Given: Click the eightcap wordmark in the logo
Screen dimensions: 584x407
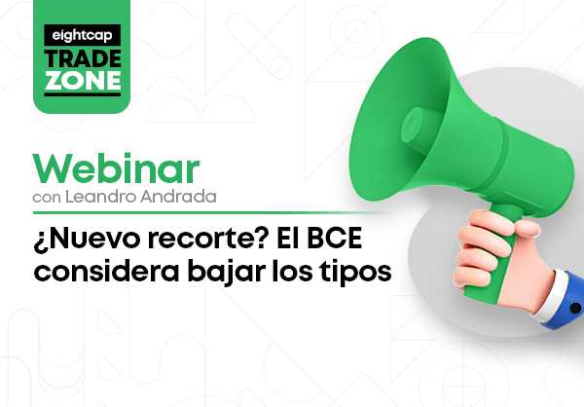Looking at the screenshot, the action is click(82, 35).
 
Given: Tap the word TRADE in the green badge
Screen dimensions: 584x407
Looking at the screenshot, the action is click(83, 58).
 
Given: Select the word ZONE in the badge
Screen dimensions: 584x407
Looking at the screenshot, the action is click(83, 80).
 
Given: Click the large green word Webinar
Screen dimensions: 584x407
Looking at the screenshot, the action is click(116, 168).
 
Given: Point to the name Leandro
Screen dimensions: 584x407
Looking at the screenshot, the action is click(101, 197).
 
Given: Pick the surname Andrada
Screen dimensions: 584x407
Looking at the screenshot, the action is click(178, 197).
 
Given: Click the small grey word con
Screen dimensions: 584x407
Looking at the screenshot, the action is click(47, 198).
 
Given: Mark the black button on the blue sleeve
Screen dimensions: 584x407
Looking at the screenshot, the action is click(576, 309).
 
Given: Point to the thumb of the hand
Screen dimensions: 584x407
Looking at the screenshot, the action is click(527, 228).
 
